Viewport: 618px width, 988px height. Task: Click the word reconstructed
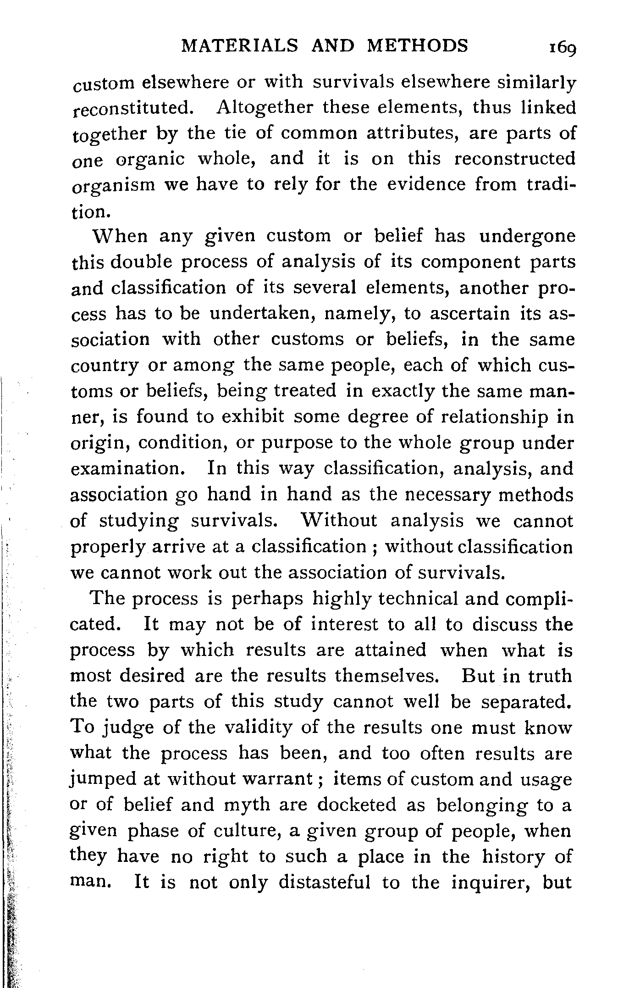[x=514, y=159]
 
